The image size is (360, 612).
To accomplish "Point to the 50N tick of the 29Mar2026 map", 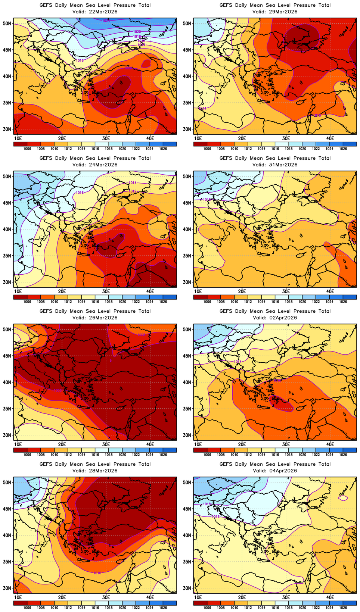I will point(187,24).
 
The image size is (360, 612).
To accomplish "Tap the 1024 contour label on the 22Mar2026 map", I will point(106,21).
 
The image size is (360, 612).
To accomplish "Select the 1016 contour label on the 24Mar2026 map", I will point(80,193).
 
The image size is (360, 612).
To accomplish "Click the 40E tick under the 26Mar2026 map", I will point(150,444).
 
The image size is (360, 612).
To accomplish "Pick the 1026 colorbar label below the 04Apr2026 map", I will point(343,608).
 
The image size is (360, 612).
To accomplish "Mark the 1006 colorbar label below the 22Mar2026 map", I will point(27,149).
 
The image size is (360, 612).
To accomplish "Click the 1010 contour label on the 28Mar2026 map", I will point(97,573).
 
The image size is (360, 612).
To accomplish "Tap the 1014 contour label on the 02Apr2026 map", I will point(238,362).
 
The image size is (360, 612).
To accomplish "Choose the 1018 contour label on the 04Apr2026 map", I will point(207,504).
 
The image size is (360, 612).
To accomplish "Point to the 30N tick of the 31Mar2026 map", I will point(187,282).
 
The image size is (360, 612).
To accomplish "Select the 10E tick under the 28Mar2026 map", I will point(18,597).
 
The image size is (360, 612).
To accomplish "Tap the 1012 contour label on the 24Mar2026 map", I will point(133,191).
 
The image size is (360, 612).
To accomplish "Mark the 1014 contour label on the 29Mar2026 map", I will point(202,108).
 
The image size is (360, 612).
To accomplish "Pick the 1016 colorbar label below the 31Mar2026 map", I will point(275,302).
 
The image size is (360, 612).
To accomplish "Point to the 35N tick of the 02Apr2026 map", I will point(187,409).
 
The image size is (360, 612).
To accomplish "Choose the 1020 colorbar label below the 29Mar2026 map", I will point(302,149).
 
